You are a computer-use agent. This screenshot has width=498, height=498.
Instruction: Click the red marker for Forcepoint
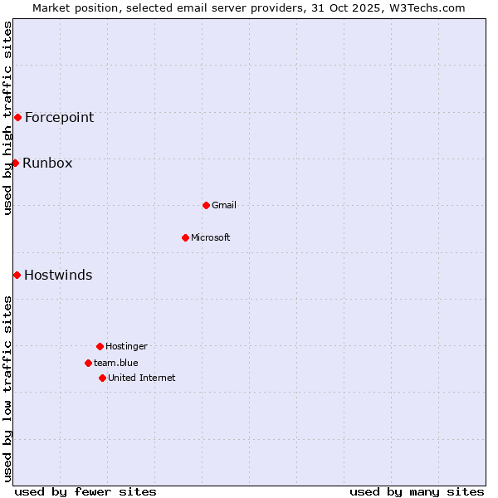(x=17, y=117)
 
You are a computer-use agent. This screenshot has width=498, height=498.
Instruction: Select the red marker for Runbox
(x=15, y=163)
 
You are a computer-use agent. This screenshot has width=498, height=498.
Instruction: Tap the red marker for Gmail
(x=206, y=205)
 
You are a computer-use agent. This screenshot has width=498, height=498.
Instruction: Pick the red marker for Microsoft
(x=185, y=237)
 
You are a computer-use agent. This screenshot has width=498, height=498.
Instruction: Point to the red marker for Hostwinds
(x=17, y=275)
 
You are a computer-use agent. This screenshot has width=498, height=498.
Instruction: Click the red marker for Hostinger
(x=100, y=346)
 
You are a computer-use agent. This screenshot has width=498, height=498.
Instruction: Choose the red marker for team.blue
(x=88, y=363)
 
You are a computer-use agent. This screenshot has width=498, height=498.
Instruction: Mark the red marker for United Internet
(x=102, y=378)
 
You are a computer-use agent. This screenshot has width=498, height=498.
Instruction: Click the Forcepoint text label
(x=59, y=117)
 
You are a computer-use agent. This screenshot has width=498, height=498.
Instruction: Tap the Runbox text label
(x=47, y=163)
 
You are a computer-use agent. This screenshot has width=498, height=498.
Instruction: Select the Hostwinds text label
(x=58, y=275)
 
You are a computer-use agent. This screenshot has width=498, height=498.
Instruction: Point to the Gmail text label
(x=224, y=205)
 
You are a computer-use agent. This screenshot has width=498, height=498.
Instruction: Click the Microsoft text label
(x=211, y=237)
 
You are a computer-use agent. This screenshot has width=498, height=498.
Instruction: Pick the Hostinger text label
(x=126, y=346)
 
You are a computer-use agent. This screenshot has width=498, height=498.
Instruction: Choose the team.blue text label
(x=116, y=363)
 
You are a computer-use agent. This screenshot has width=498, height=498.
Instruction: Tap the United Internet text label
(x=142, y=378)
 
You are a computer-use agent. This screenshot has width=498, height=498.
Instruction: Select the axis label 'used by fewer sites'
(x=85, y=491)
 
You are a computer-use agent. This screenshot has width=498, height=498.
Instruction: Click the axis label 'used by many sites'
(x=417, y=491)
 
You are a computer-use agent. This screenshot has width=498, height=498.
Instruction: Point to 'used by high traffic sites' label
(x=7, y=118)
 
